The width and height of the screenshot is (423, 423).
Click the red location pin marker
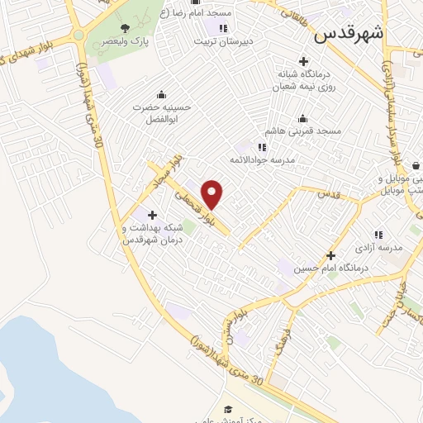[x=212, y=195]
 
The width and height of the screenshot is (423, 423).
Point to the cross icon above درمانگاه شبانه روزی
[x=304, y=62]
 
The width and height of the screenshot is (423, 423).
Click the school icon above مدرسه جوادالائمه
[x=263, y=147]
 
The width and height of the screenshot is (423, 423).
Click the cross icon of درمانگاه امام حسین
[x=330, y=255]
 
